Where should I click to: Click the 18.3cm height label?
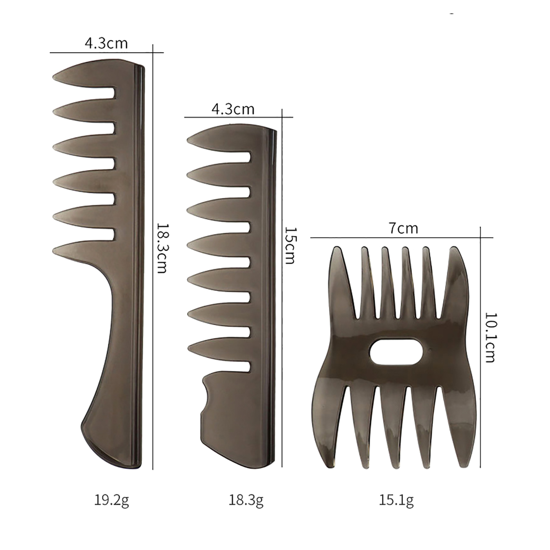coord(162,248)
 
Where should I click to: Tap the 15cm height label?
coord(290,245)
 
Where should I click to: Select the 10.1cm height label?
coord(489,337)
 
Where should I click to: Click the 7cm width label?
coord(403,228)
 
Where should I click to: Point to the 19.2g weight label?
coord(112,500)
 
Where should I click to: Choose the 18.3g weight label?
coord(246,500)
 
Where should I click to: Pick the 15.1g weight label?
coord(396,500)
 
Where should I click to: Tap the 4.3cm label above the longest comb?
coord(106,44)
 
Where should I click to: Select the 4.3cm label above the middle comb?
coord(233,109)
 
